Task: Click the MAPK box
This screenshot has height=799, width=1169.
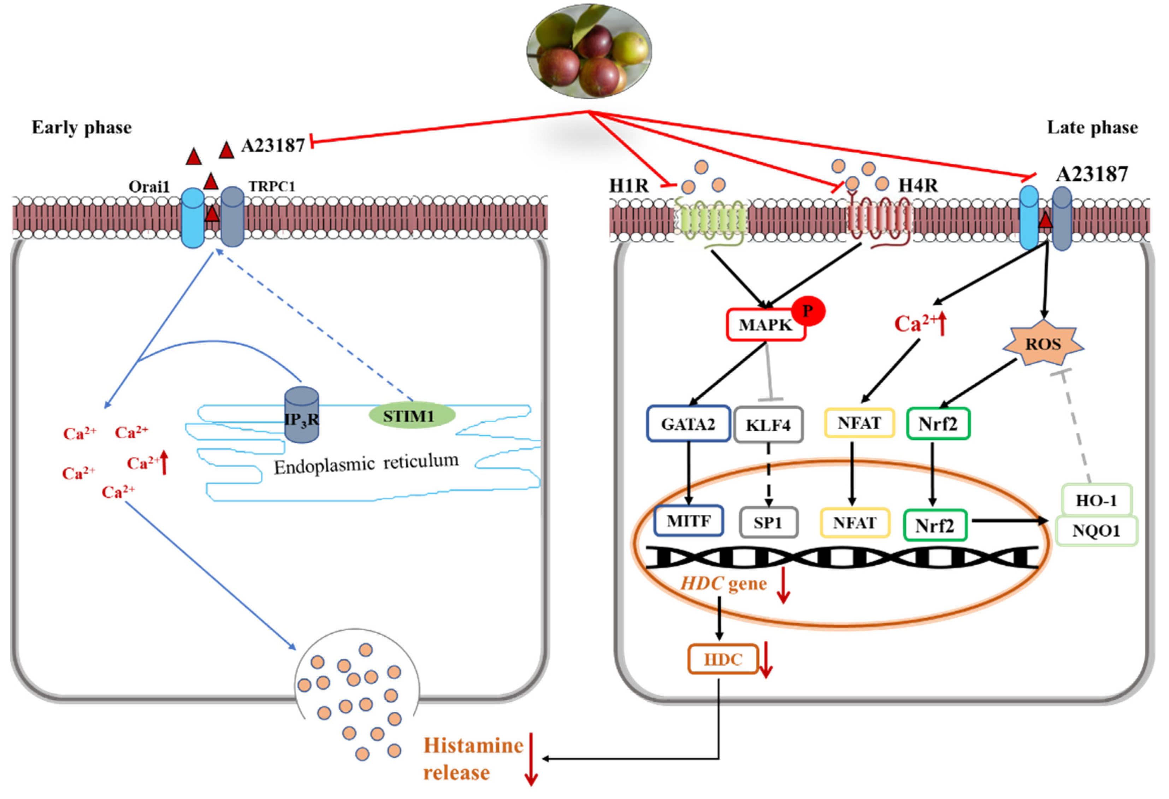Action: [765, 325]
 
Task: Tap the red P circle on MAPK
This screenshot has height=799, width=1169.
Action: [808, 311]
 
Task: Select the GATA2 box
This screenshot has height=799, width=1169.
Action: [687, 424]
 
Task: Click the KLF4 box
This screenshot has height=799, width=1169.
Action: [768, 425]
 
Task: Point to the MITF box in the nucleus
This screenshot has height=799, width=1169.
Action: [688, 520]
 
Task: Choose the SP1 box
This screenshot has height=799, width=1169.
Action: [768, 523]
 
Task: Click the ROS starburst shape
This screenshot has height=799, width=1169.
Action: [1043, 344]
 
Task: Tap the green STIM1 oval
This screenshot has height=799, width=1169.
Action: [412, 416]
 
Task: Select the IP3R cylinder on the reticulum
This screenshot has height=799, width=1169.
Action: [301, 416]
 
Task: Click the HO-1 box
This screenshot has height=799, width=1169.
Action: [1096, 500]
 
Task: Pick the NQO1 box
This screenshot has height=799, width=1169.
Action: [1096, 531]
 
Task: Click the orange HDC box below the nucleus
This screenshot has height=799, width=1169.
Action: [722, 659]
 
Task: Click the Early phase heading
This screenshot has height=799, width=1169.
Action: [82, 127]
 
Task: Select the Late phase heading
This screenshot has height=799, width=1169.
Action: [1092, 127]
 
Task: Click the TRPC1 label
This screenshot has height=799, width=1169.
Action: [272, 186]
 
